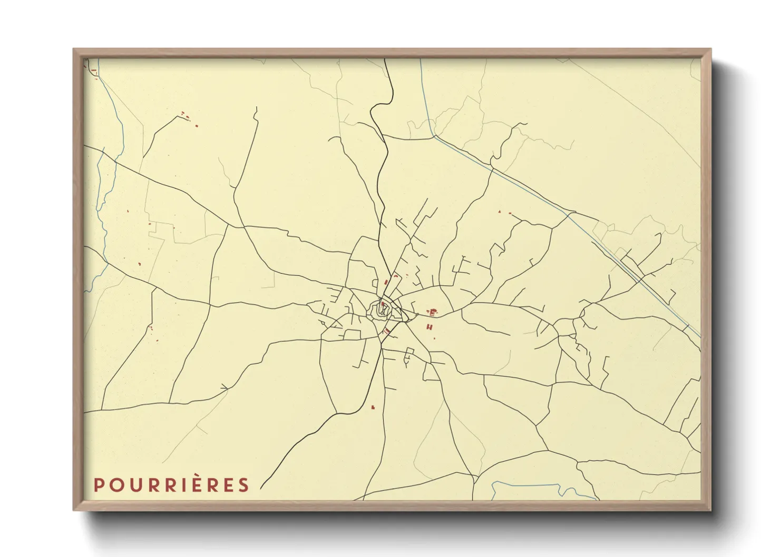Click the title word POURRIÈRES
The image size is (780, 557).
(x=171, y=485)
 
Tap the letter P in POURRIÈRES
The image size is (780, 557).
(x=98, y=485)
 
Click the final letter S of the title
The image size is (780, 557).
(x=243, y=485)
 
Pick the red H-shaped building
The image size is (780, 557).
(x=430, y=327)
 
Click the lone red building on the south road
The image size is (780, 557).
(x=373, y=407)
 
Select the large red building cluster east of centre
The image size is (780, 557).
(x=433, y=312)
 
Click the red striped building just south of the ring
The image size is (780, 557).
(x=387, y=331)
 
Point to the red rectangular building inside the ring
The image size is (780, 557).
(x=383, y=304)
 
